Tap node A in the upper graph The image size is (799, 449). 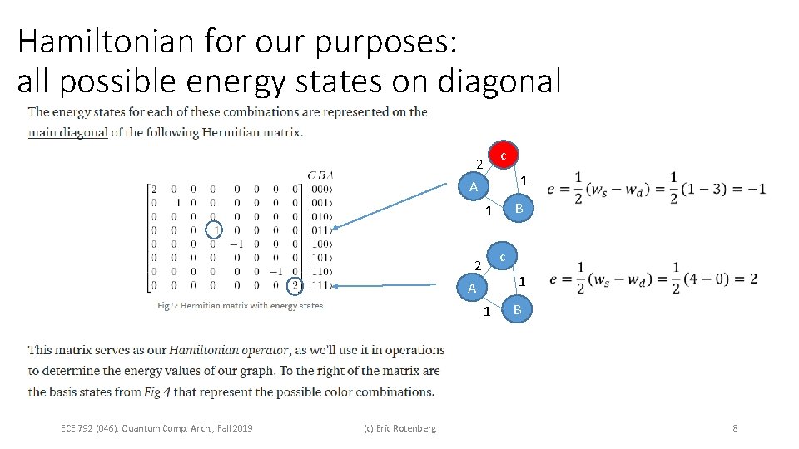473,187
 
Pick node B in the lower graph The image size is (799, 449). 517,311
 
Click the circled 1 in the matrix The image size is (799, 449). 214,230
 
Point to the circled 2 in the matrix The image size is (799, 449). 295,286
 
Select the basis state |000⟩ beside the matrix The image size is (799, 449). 321,189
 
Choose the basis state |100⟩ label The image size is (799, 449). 321,244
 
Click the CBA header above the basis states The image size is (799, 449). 320,175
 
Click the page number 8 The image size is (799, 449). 735,428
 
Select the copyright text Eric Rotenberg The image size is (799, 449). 399,428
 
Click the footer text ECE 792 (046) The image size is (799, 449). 89,428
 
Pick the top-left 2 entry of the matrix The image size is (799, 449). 153,189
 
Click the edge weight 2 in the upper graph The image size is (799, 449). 479,163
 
